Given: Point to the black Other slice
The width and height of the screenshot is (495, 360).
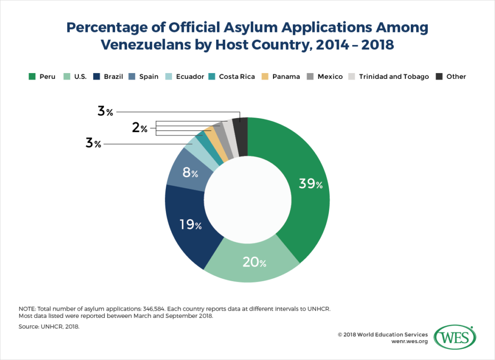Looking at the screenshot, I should coord(240,130).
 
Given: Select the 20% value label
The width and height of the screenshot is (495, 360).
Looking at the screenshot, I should coord(253,263).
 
